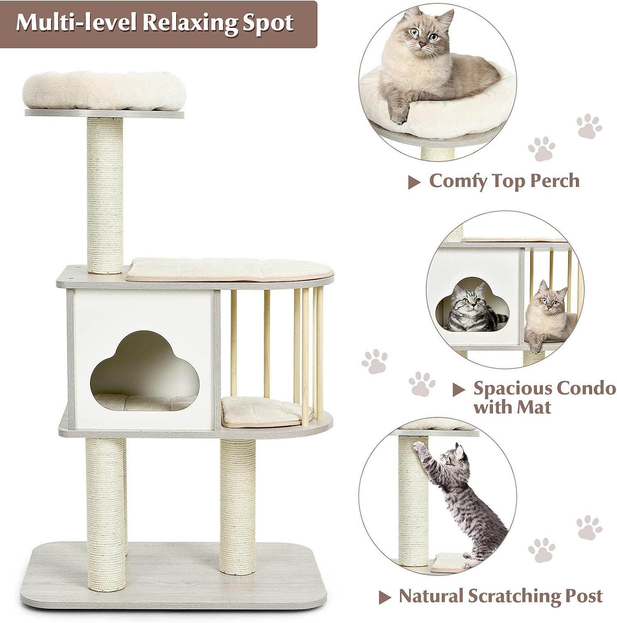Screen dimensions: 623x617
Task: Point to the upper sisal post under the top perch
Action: [105, 195]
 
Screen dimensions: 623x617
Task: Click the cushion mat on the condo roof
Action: [230, 269]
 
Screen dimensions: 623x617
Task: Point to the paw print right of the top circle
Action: [589, 127]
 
